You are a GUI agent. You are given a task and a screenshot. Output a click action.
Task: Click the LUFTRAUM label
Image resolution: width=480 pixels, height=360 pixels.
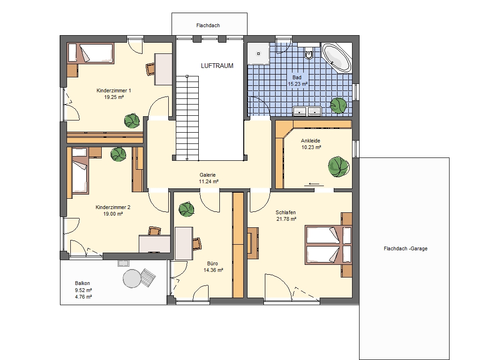point(217,66)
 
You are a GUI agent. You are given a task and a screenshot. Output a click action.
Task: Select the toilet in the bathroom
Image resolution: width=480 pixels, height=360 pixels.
point(309,52)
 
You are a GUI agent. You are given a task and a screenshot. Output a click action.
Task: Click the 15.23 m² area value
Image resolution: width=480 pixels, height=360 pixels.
point(298,84)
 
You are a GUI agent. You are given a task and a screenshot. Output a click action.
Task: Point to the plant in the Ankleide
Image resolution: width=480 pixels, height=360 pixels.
point(338,167)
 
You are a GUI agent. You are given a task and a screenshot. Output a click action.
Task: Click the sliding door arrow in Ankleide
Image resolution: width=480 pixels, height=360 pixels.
point(314,184)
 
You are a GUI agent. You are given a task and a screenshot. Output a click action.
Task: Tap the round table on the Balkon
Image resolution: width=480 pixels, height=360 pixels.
point(132,278)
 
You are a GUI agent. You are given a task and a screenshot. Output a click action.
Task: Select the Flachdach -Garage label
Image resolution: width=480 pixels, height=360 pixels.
point(405,248)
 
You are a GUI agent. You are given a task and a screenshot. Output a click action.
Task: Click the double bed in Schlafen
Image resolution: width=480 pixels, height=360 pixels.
point(328,245)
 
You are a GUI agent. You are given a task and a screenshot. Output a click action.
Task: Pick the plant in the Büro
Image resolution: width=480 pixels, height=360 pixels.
point(187,210)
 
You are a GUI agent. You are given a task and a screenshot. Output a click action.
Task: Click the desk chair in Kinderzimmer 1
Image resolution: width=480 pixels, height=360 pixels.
point(150,69)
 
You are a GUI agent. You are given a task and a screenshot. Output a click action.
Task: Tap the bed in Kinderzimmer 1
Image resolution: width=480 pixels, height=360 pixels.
point(90,53)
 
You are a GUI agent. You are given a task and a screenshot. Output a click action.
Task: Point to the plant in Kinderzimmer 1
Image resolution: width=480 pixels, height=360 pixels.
point(132,120)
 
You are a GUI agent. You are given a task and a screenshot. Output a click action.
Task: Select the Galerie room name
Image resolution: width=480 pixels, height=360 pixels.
point(208,175)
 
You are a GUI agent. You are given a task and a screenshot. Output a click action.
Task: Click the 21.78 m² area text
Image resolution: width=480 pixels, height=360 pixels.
point(286,219)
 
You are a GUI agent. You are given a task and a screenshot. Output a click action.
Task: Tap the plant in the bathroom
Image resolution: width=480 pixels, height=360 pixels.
point(338,105)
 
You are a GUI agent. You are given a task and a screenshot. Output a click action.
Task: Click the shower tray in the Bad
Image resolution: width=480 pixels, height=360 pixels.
point(258,53)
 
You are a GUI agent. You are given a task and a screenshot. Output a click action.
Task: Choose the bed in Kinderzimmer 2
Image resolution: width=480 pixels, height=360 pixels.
point(80,175)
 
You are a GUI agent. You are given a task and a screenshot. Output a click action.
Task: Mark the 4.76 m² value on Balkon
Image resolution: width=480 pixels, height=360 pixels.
point(83,297)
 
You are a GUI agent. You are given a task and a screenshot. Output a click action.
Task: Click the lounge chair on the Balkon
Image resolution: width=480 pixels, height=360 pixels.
point(148,277)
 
